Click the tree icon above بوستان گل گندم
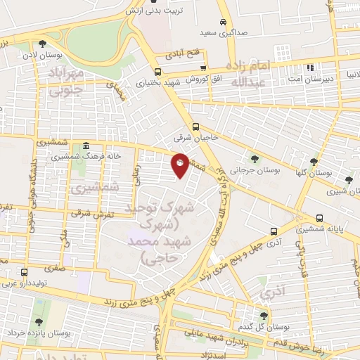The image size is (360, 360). (264, 316)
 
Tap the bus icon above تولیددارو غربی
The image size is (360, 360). (25, 273)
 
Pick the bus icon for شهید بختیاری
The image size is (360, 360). (157, 71)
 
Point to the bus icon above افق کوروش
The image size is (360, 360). (203, 68)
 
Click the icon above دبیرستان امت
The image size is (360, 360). (310, 68)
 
